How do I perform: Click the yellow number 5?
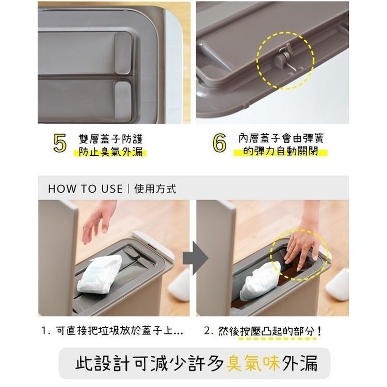click(60, 144)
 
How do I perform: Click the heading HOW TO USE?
click(85, 189)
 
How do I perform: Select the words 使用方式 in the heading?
click(155, 189)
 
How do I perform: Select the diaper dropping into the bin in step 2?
click(261, 281)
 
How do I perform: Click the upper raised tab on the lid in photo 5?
click(123, 52)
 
